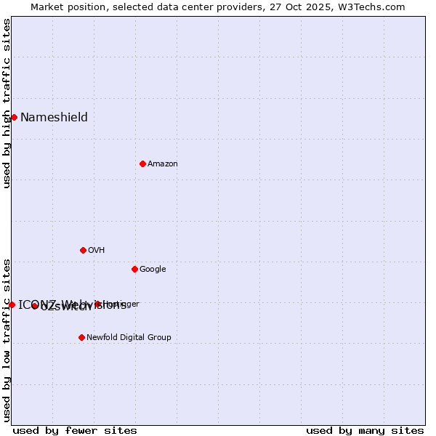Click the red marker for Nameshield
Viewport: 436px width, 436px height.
pos(14,117)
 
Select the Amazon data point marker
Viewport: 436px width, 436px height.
pos(142,163)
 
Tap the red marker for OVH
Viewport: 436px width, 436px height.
pos(83,250)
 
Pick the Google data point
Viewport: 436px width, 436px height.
pos(134,269)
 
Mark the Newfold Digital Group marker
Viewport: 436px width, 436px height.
pos(81,337)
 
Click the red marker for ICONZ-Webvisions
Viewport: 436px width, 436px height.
pos(12,304)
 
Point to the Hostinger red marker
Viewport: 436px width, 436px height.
pos(97,304)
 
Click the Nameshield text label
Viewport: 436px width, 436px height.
pos(54,118)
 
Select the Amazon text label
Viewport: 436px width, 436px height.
pos(163,164)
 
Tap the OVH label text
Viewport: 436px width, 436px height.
pos(97,251)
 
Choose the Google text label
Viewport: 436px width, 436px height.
pos(153,270)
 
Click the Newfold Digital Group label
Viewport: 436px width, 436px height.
pos(129,337)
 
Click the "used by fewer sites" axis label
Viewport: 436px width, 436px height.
pos(75,430)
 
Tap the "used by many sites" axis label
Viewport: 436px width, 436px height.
pos(365,430)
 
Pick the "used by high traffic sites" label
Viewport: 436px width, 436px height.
pos(7,103)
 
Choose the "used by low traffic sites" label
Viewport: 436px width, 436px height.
pos(7,340)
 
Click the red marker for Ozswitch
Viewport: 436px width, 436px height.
pos(34,306)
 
